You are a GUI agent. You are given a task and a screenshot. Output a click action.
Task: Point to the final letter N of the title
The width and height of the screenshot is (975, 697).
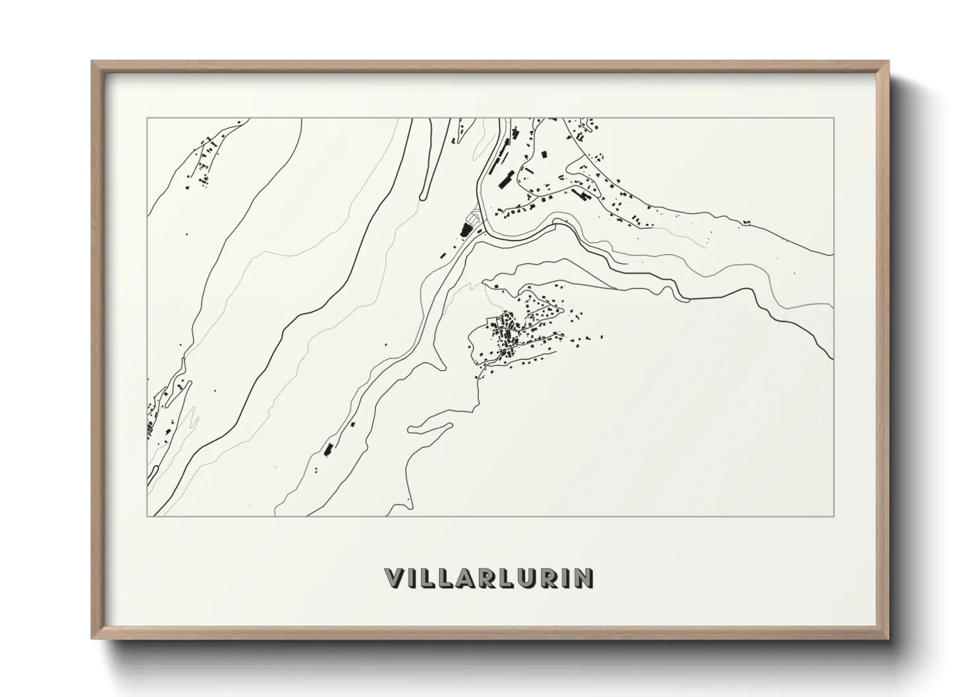tap(584, 578)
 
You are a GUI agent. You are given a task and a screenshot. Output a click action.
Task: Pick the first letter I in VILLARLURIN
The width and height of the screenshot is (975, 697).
tap(414, 578)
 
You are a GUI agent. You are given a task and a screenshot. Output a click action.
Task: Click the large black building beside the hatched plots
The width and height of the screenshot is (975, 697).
tap(468, 229)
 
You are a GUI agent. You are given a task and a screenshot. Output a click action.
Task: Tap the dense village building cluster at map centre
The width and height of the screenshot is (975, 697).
tap(509, 333)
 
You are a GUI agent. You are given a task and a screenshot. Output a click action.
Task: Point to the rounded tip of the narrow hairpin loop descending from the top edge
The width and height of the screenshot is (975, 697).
tap(422, 195)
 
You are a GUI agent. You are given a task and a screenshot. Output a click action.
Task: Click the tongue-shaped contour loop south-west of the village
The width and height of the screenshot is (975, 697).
tap(412, 430)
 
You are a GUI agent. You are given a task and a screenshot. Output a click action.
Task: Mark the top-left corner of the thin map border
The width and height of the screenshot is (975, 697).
tap(148, 119)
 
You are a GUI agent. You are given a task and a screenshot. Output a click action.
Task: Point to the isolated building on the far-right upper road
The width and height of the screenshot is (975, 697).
tap(747, 221)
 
